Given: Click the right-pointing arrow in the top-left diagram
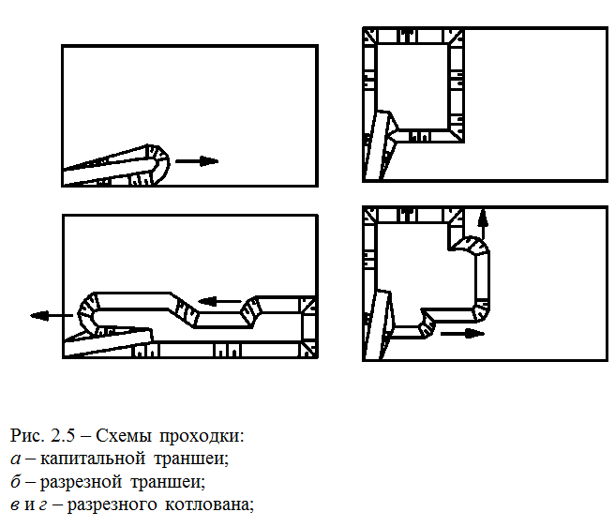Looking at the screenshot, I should coord(197,161).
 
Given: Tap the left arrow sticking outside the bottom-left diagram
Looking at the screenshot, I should coord(50,316).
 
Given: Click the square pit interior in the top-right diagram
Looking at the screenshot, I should coord(412,84).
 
